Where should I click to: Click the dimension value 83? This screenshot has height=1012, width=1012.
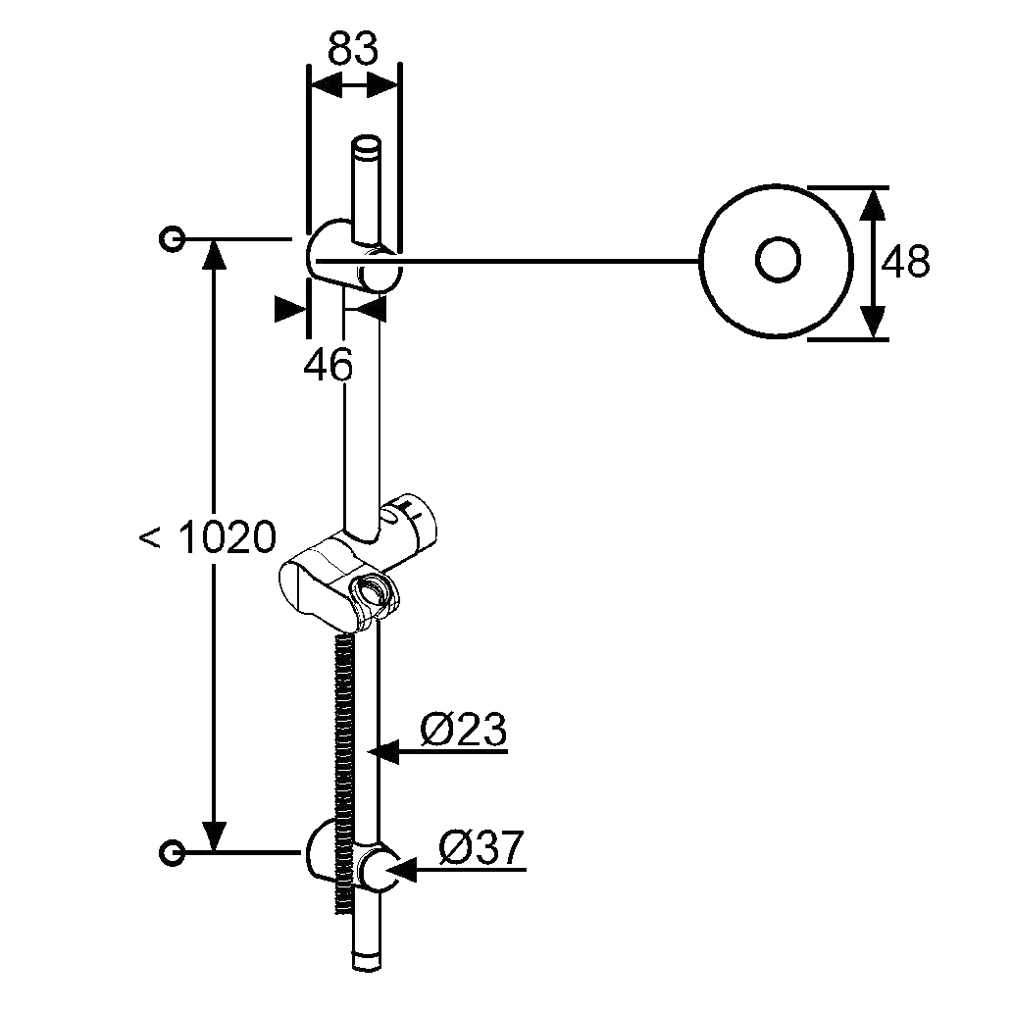point(352,48)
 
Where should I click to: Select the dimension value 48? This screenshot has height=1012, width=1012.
point(905,262)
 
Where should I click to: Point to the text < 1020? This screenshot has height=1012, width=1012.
point(208,536)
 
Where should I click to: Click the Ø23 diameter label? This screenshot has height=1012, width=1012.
point(464,730)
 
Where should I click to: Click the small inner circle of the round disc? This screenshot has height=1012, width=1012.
point(777,260)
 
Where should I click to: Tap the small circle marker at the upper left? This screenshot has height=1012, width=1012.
point(172,239)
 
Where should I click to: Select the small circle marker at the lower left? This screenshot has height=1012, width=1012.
point(172,852)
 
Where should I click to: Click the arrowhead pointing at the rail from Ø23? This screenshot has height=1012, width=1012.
point(383,751)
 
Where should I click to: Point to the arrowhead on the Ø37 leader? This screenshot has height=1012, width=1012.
point(401,869)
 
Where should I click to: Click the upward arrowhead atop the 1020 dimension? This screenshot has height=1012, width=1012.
point(215,256)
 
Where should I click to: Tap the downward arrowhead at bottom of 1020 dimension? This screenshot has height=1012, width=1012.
point(215,835)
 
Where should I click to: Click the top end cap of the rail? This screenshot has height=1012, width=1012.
point(367,146)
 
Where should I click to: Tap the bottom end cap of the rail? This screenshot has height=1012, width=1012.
point(367,959)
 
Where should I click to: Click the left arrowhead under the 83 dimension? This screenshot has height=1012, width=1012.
point(326,85)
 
